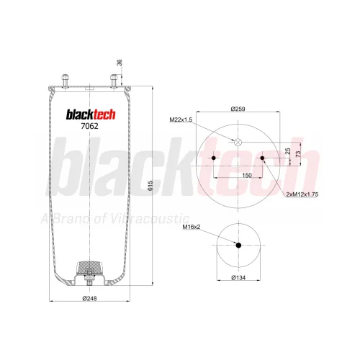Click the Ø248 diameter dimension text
[89, 298]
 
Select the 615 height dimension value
[150, 186]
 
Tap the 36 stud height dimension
[120, 63]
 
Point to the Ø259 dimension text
[238, 109]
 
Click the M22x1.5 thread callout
[181, 120]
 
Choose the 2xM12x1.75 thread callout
[302, 194]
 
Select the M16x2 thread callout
[192, 227]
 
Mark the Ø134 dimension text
[238, 278]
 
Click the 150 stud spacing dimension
[247, 176]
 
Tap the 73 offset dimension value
[298, 154]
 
